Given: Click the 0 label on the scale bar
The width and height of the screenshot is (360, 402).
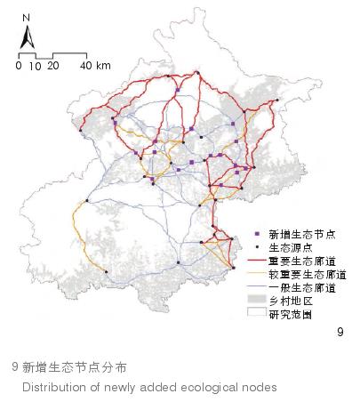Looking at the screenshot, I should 19,66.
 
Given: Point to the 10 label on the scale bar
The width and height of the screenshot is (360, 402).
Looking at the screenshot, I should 35,66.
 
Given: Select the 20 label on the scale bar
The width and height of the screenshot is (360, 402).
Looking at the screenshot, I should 52,66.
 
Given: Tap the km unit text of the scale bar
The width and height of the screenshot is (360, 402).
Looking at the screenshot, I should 103,66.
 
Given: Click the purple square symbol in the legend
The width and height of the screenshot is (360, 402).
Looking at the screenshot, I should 256,233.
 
